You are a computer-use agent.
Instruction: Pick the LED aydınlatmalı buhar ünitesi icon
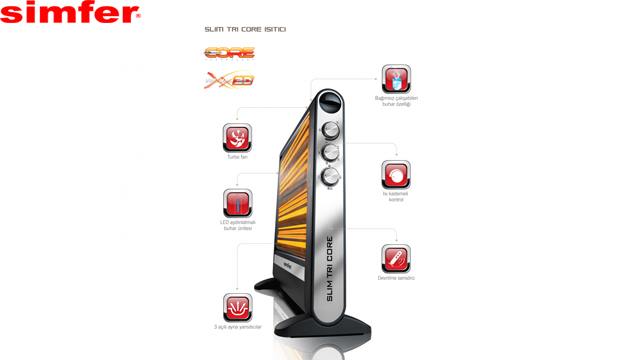pyautogui.click(x=237, y=202)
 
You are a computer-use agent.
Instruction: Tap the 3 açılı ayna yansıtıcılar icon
pyautogui.click(x=237, y=305)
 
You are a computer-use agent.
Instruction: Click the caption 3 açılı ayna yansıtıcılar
pyautogui.click(x=237, y=328)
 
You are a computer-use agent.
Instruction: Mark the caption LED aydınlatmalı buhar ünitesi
pyautogui.click(x=237, y=226)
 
